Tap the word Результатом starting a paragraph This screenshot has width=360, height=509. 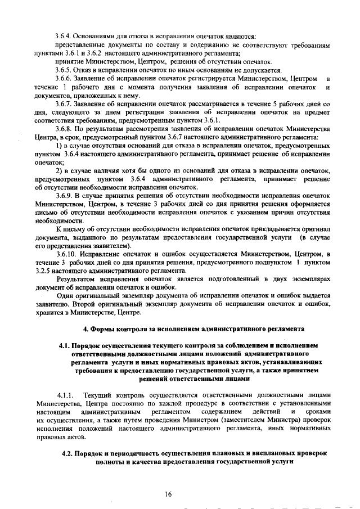[x=78, y=279]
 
